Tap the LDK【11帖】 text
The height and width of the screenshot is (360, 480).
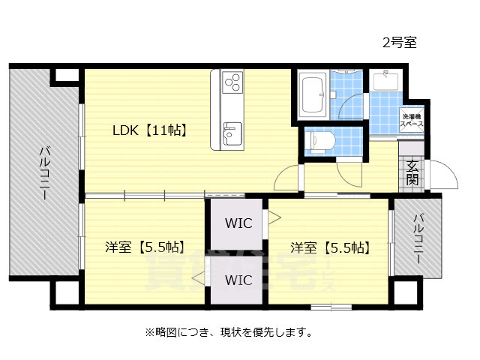point(149,130)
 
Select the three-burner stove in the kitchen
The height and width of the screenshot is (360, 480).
point(232,79)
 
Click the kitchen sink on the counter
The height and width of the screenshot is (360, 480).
point(232,133)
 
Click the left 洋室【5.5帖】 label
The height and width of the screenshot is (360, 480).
point(145,247)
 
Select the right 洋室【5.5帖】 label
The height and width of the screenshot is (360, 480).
point(330,247)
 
